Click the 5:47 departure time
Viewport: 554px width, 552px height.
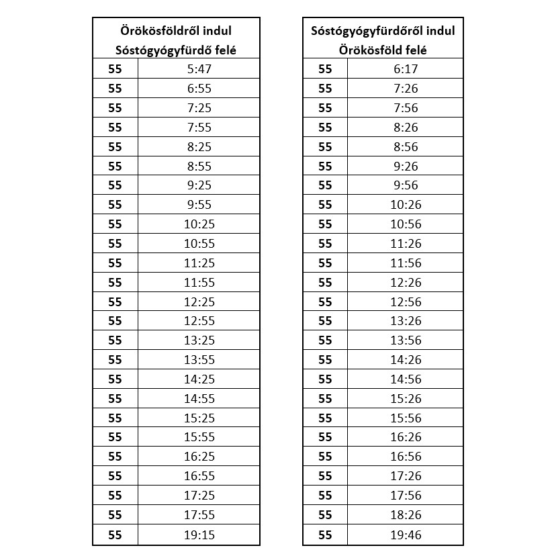click(x=199, y=68)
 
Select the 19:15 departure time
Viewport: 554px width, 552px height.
click(x=199, y=535)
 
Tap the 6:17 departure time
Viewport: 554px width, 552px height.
click(x=406, y=68)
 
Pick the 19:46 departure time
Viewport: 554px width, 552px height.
click(x=406, y=535)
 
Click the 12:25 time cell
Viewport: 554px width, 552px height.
click(x=199, y=302)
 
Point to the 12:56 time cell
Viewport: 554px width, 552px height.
click(x=406, y=302)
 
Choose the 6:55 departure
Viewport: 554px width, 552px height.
click(x=199, y=88)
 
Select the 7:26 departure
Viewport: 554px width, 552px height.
click(x=406, y=88)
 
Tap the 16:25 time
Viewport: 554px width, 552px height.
click(x=199, y=457)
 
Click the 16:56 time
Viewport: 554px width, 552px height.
click(x=406, y=457)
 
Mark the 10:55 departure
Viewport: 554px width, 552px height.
click(x=199, y=243)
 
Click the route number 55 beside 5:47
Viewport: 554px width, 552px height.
click(x=115, y=68)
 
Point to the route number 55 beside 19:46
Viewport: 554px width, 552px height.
click(x=325, y=535)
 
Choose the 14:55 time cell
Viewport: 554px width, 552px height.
click(x=199, y=398)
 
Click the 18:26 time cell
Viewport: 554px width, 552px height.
click(x=406, y=515)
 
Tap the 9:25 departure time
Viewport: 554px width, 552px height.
click(x=199, y=185)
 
